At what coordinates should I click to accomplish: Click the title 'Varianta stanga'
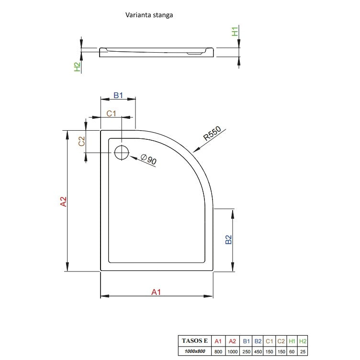pos(149,15)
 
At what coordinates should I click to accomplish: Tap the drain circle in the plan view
pos(122,146)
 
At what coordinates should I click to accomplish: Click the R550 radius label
pos(212,133)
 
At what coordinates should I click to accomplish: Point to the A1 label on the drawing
pos(156,292)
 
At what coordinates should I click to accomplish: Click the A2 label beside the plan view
pos(63,202)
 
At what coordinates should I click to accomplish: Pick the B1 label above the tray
pos(118,95)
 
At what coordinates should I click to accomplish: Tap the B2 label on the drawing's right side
pos(228,239)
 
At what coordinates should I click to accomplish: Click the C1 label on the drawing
pos(112,113)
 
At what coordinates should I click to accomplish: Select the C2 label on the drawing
pos(81,141)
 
